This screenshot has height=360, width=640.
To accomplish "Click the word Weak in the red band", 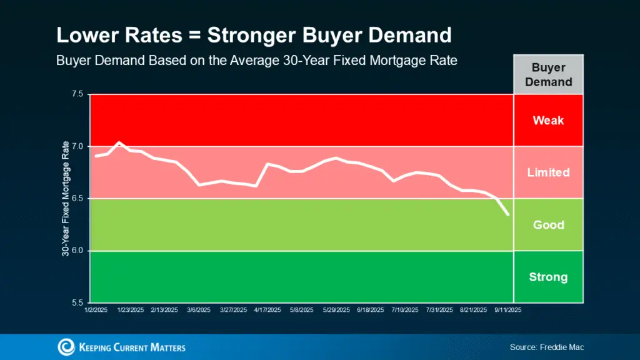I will click(x=548, y=120).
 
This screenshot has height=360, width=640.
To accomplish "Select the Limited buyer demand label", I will click(x=548, y=172).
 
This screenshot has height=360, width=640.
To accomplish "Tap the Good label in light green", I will click(x=548, y=225).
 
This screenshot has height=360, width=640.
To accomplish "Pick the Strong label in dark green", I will click(x=548, y=277).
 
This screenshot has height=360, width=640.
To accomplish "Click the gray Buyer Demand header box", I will click(x=548, y=74).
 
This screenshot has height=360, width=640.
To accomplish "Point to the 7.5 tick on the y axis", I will click(x=77, y=94).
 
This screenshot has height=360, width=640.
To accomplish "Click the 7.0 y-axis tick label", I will click(x=77, y=146).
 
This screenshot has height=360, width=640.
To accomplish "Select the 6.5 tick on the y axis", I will click(x=77, y=199).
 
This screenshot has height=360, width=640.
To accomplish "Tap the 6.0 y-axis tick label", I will click(x=77, y=251).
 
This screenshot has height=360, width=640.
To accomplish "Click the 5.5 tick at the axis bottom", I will click(x=77, y=302).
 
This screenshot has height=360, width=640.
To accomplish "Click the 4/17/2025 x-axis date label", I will click(x=267, y=309).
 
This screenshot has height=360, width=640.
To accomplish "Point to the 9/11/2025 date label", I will click(x=507, y=309).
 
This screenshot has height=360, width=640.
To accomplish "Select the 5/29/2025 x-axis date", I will click(x=337, y=309).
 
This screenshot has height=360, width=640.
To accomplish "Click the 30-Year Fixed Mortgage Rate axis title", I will click(x=65, y=199).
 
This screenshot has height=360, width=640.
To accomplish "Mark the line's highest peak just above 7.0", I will click(x=119, y=142).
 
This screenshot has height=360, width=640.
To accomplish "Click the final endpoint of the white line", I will click(x=508, y=215).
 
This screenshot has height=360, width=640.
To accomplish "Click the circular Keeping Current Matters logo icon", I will click(x=66, y=347).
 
